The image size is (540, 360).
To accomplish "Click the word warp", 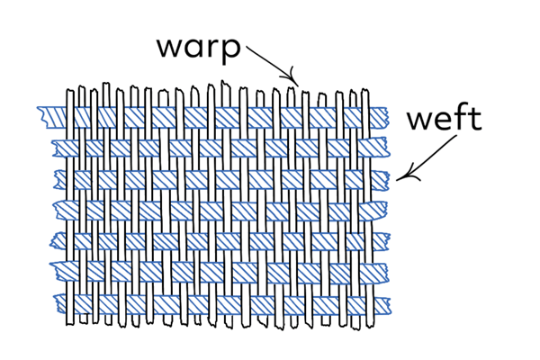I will [x=199, y=48].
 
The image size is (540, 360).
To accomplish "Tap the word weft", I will [x=444, y=120].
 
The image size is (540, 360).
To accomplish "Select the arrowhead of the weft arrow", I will [x=400, y=176].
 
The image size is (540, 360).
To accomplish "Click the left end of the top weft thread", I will [x=40, y=116].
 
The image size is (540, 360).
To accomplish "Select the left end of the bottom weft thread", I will [x=56, y=304].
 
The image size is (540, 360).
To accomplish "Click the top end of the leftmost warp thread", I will [x=71, y=92].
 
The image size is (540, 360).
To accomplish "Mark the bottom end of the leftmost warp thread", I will [x=71, y=321].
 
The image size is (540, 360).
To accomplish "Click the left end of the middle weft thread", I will [x=56, y=210].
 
